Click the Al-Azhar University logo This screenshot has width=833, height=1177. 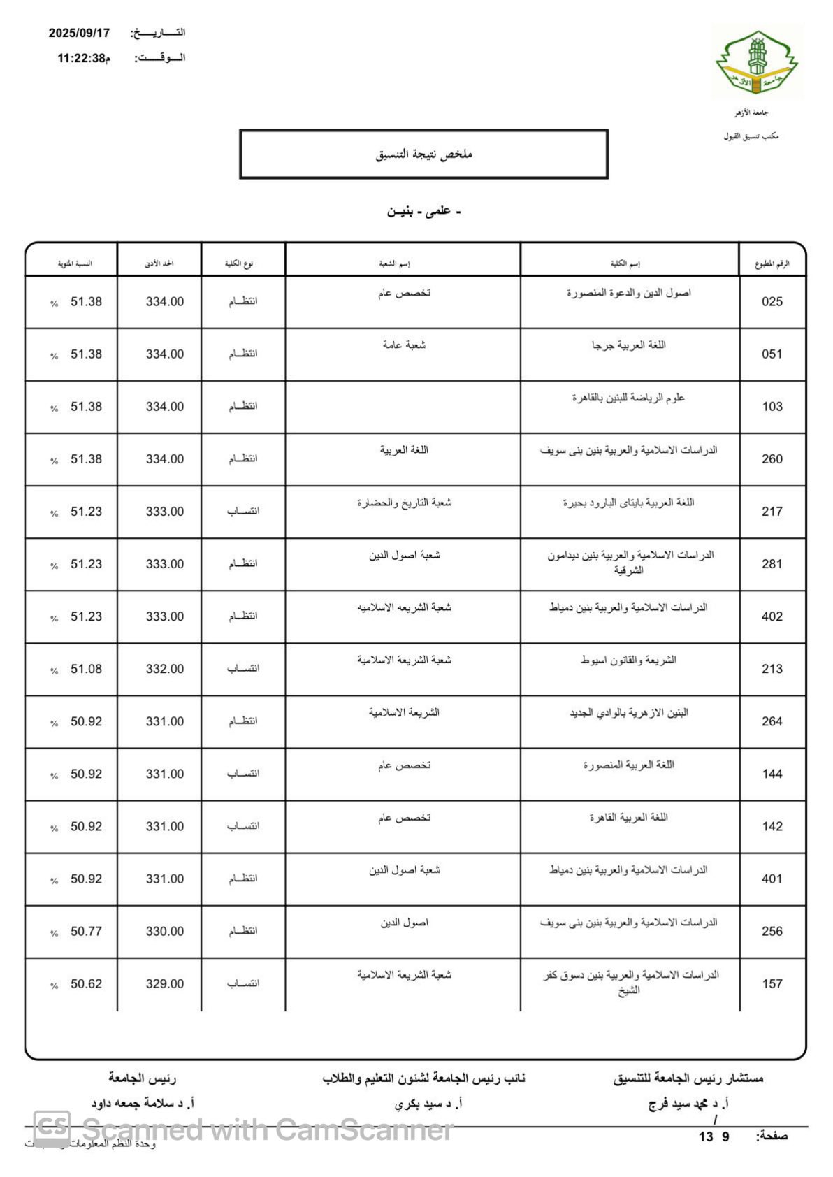(756, 62)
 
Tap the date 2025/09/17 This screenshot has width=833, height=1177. (79, 33)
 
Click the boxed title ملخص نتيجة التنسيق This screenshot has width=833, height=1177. (423, 154)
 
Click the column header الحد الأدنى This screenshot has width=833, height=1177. (159, 263)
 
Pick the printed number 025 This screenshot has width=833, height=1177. (772, 302)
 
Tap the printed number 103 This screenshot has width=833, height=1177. (772, 407)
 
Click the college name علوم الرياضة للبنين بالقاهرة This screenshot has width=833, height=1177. (628, 398)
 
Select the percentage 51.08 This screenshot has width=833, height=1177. (86, 669)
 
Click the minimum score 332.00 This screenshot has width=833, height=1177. (165, 669)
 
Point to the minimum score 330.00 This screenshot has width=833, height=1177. (165, 931)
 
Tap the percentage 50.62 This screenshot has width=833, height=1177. (86, 983)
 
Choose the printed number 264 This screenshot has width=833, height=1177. (772, 721)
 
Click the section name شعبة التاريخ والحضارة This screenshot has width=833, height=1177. (404, 503)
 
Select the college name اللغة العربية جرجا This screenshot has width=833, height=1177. (628, 345)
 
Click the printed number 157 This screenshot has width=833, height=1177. (772, 983)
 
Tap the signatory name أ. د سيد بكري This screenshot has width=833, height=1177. (428, 1104)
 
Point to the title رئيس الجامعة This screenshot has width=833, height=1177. (142, 1078)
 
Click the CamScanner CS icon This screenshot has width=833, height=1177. (52, 1127)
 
